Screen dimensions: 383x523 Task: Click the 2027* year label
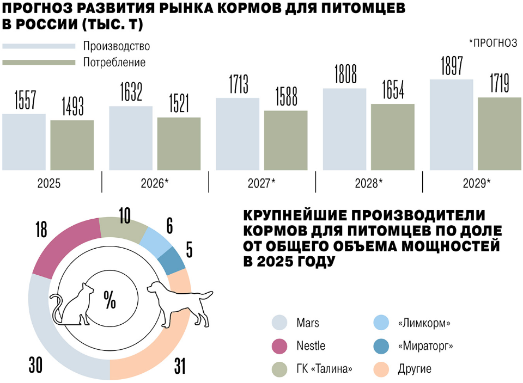tap(262, 183)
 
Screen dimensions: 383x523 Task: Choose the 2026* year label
tap(156, 183)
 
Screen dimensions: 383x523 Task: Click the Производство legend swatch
tap(39, 46)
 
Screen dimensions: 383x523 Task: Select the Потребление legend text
tap(114, 62)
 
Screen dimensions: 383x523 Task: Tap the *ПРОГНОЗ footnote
tap(492, 43)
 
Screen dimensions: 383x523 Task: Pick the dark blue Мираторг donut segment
tap(174, 260)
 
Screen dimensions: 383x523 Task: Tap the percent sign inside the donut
tap(110, 300)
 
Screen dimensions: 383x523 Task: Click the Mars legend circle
tap(279, 323)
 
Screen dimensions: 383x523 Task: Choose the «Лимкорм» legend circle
tap(381, 323)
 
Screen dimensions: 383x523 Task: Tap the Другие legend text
tap(415, 369)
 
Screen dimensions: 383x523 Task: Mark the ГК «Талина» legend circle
tap(279, 369)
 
